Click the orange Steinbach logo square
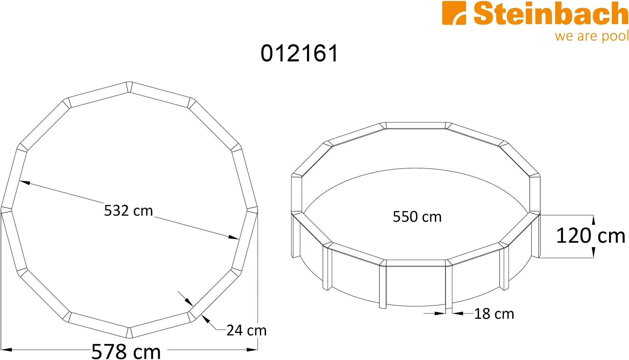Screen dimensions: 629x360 pyautogui.click(x=454, y=13)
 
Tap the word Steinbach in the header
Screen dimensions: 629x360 pyautogui.click(x=551, y=14)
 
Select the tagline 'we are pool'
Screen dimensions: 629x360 pyautogui.click(x=592, y=36)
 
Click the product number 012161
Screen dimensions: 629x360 pyautogui.click(x=299, y=53)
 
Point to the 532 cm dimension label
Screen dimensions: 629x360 pyautogui.click(x=128, y=211)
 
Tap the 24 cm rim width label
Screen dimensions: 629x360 pyautogui.click(x=247, y=331)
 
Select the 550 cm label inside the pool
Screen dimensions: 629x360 pyautogui.click(x=417, y=217)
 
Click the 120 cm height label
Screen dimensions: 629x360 pyautogui.click(x=591, y=236)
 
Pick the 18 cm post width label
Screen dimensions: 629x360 pyautogui.click(x=494, y=314)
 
